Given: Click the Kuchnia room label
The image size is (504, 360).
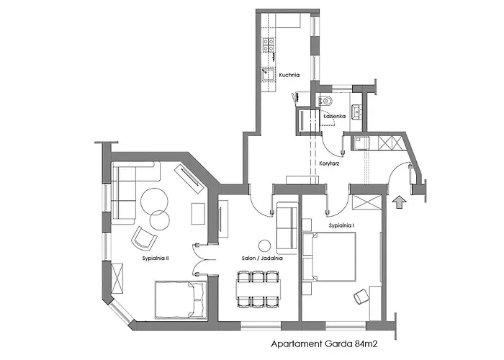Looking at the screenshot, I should coord(290,74).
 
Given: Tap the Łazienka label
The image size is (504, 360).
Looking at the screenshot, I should coord(335,115).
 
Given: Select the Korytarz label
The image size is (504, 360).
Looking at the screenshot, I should coord(329,163).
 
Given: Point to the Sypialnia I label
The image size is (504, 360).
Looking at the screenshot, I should coord(343,225).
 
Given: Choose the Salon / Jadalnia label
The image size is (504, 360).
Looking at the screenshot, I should coord(262,257).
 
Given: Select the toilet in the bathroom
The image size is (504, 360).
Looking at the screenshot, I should coord(325,101).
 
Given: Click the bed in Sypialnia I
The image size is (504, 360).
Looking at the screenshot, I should coord(328,257).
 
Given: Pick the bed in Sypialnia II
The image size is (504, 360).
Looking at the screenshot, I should coord(180,299).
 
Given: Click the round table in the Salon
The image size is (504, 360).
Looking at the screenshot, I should coord(264,244).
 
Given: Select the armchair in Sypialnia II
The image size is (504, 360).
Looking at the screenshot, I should coord(143,237).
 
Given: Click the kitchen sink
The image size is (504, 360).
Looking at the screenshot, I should coord(268,73).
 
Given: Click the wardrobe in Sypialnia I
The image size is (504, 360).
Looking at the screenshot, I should coord(366,202).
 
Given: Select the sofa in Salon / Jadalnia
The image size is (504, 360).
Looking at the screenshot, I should coord(287,220).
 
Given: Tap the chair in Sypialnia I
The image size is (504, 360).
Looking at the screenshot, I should coord(360,296).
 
